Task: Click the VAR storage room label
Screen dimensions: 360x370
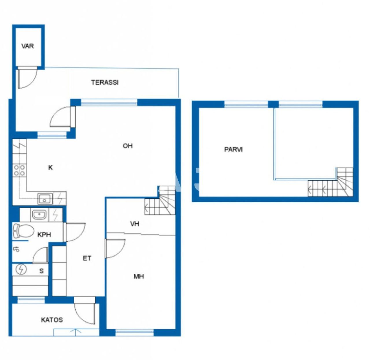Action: pyautogui.click(x=27, y=46)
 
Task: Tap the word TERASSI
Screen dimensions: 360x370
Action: pyautogui.click(x=105, y=82)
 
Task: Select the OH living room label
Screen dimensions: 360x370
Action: pyautogui.click(x=127, y=146)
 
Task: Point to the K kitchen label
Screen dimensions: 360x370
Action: pyautogui.click(x=50, y=168)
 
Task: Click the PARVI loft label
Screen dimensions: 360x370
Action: pyautogui.click(x=233, y=149)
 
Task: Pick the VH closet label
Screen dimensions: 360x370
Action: pyautogui.click(x=134, y=224)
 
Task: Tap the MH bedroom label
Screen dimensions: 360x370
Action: pyautogui.click(x=138, y=277)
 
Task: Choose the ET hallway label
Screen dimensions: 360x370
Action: pyautogui.click(x=87, y=258)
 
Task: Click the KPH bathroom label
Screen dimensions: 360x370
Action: pyautogui.click(x=44, y=235)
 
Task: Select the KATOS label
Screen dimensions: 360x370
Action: pyautogui.click(x=52, y=320)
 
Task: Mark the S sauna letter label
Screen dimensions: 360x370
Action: pyautogui.click(x=42, y=271)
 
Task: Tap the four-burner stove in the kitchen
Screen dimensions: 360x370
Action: pyautogui.click(x=19, y=170)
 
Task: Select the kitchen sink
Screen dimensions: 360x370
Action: pyautogui.click(x=45, y=199)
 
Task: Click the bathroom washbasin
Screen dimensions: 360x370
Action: pyautogui.click(x=39, y=215)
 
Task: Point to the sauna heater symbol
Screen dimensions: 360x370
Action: pyautogui.click(x=21, y=269)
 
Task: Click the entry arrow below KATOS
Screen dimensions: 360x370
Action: pyautogui.click(x=76, y=332)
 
